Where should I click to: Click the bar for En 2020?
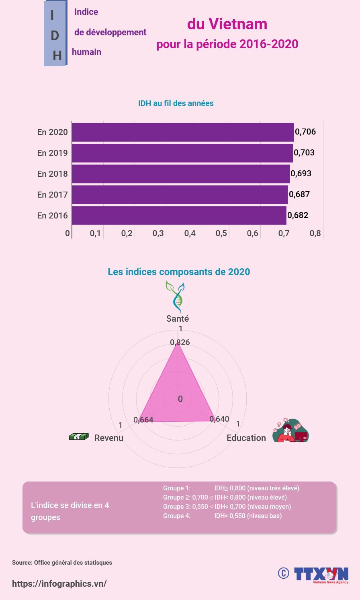pos(183,132)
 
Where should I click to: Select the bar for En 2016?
pos(179,215)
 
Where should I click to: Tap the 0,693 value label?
pos(301,173)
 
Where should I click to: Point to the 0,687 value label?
pos(299,194)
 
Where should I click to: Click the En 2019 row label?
pos(52,153)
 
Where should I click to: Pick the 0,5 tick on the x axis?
pos(221,233)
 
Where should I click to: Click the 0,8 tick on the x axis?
pos(315,233)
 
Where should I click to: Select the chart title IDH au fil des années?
pos(176,103)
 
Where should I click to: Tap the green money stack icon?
pos(79,437)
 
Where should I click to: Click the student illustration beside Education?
pos(290,431)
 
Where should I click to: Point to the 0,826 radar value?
pos(180,342)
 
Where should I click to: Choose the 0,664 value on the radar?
pos(143,420)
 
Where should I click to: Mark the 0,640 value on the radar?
pos(219,419)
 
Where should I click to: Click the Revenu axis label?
pos(108,438)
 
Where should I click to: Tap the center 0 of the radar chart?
pos(180,399)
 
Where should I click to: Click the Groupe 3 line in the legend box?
pos(227,506)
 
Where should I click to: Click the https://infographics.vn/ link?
pos(59,584)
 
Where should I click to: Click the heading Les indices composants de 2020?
pos(179,272)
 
